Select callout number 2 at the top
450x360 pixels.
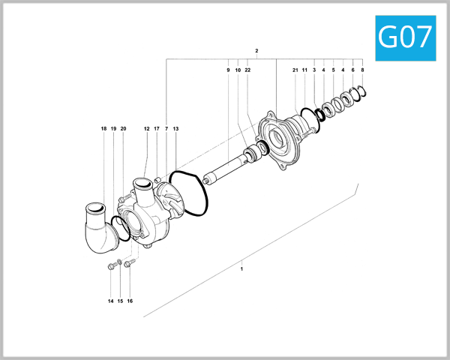click(256, 51)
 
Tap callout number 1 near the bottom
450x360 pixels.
click(241, 268)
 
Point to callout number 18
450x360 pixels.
click(103, 129)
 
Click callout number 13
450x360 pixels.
click(175, 129)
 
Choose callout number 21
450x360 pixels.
click(295, 70)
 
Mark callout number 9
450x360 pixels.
click(227, 70)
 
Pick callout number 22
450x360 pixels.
click(247, 70)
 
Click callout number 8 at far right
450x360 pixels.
click(362, 70)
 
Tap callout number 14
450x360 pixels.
click(109, 301)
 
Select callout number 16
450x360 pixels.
click(129, 301)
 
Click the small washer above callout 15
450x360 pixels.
click(120, 262)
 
